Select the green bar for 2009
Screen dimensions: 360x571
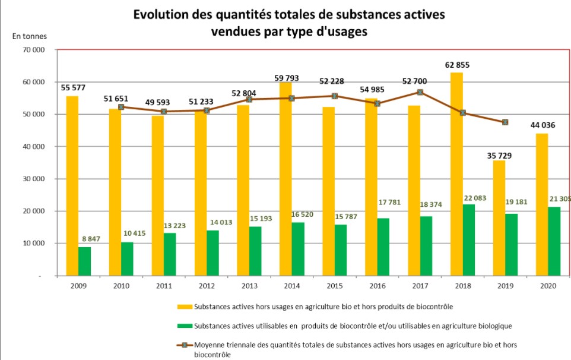tap(85, 261)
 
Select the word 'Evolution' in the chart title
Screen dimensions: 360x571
tap(160, 14)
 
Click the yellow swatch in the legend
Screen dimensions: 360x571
tap(185, 307)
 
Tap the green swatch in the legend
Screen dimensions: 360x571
tap(185, 326)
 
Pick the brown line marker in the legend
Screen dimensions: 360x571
tap(185, 345)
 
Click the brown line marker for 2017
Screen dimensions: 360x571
tap(420, 92)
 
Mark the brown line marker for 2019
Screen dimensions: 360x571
tap(505, 122)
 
